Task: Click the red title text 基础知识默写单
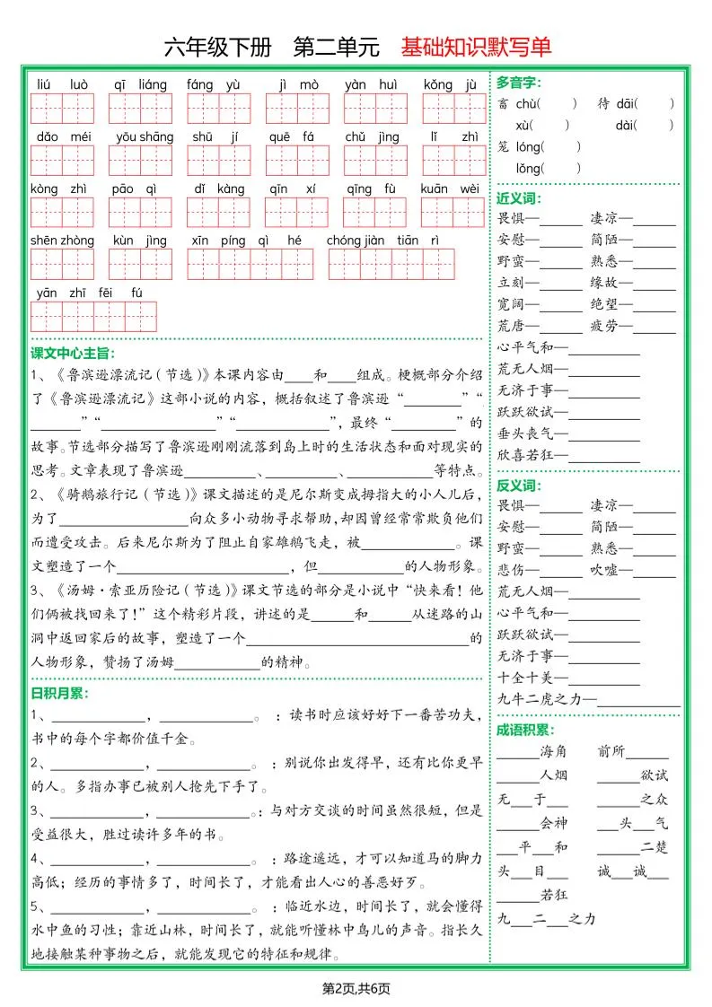point(476,47)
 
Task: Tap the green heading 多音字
point(518,83)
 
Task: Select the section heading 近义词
point(518,198)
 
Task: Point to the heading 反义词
point(518,486)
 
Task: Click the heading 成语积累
point(525,731)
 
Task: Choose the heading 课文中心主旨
point(73,354)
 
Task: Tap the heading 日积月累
point(59,694)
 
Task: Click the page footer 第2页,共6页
point(356,988)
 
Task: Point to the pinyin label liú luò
point(62,85)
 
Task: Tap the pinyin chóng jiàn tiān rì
point(382,241)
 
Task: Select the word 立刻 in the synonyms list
point(511,283)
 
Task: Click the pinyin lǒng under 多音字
point(528,168)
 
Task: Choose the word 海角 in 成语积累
point(553,752)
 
